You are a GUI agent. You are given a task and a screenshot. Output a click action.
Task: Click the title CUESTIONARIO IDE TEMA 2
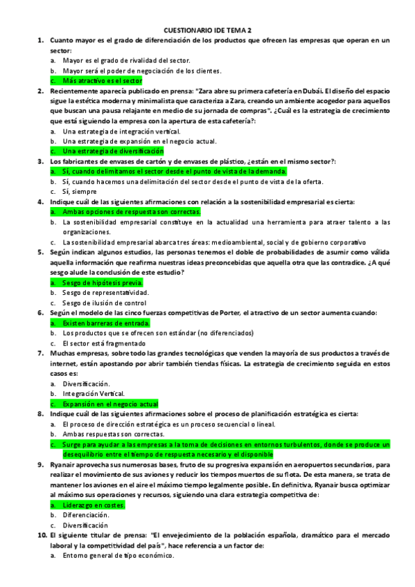(x=207, y=30)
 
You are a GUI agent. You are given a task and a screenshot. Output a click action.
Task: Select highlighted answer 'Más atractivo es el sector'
(x=102, y=80)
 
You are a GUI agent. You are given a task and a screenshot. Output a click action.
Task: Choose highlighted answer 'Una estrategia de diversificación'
(x=113, y=150)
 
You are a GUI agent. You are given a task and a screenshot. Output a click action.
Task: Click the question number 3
(x=42, y=161)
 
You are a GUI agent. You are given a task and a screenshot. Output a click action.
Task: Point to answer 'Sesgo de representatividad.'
(x=105, y=293)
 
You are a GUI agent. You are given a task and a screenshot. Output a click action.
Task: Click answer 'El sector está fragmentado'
(x=104, y=343)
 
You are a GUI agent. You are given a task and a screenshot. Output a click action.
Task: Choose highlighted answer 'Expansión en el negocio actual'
(x=110, y=404)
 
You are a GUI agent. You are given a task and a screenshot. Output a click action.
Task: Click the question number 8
(x=42, y=413)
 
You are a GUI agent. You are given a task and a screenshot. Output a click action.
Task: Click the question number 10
(x=40, y=535)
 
